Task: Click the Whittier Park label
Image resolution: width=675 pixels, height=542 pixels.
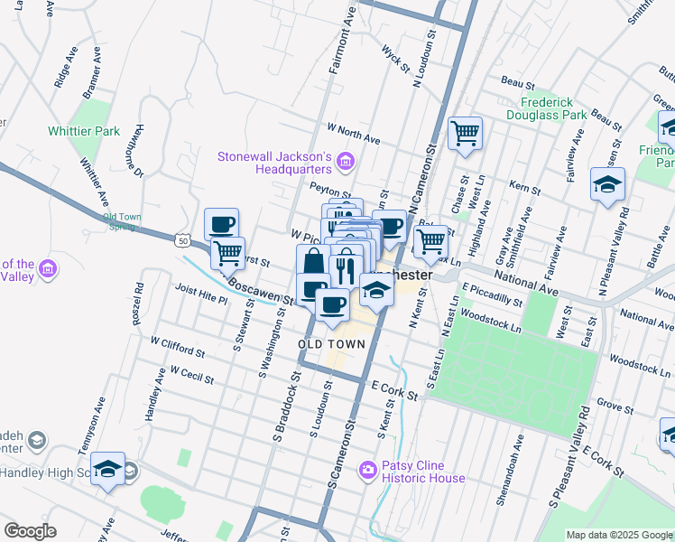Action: point(84,131)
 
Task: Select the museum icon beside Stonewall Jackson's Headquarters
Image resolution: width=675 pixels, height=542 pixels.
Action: point(344,163)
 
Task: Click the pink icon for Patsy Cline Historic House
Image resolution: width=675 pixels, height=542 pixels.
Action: point(367,469)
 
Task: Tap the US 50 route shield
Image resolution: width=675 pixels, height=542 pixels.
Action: point(183,241)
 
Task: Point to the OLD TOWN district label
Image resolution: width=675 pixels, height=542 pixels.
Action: point(332,344)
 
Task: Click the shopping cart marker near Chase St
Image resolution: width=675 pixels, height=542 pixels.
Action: point(465,134)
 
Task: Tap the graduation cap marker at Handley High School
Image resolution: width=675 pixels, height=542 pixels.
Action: point(107,469)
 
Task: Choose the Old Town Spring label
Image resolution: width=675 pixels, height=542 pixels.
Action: point(123,221)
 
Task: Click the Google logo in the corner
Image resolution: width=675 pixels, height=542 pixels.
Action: point(30,531)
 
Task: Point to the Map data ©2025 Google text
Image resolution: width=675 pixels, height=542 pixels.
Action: point(619,535)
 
